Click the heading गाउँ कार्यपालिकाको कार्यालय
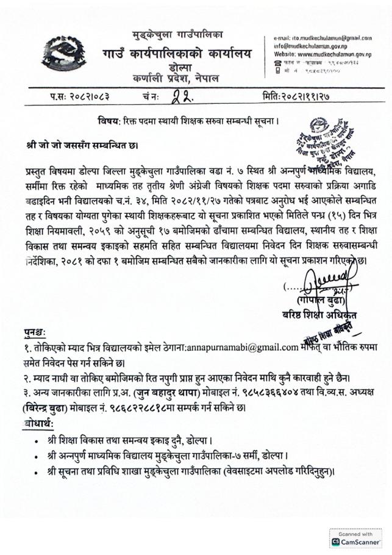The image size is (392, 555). click(x=176, y=54)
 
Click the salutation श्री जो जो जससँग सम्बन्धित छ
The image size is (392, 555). click(x=82, y=146)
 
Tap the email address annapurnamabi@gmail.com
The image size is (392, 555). click(x=241, y=346)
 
